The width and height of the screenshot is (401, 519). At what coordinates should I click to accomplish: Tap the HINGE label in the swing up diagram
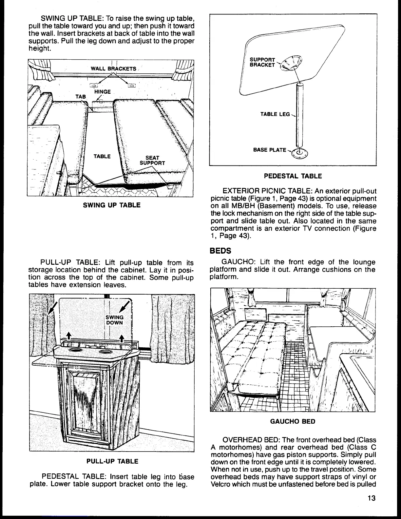click(x=103, y=92)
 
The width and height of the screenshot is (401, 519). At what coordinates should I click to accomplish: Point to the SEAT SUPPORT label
click(x=152, y=161)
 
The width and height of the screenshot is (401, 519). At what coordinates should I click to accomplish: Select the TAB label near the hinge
click(x=81, y=97)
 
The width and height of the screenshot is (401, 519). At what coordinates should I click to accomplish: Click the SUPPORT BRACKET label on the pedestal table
click(x=262, y=62)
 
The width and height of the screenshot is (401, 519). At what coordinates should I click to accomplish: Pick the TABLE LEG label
click(x=275, y=114)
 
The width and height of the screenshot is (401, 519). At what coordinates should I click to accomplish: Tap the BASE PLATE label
click(x=270, y=150)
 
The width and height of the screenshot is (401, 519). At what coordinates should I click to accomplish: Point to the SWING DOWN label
click(x=115, y=320)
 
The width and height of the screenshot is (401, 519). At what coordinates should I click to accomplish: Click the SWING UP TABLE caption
click(x=112, y=205)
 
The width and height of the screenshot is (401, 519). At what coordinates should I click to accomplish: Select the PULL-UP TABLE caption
click(x=112, y=461)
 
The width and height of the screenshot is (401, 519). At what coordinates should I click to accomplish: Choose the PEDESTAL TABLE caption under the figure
click(x=293, y=176)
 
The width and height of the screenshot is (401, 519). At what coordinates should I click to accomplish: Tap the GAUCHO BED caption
click(x=293, y=421)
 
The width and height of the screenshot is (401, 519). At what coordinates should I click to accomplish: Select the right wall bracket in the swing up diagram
click(x=131, y=86)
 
